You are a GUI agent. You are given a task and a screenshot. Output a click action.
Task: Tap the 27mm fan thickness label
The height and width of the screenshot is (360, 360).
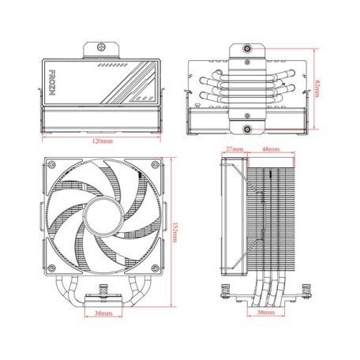pos(233,148)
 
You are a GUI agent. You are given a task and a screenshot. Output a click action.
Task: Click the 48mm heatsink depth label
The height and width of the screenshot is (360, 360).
pos(270,148)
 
